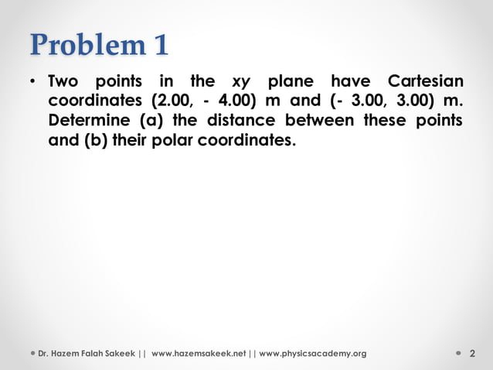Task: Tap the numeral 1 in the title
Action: tap(159, 45)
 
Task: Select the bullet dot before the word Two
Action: tap(34, 82)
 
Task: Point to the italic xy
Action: tap(240, 82)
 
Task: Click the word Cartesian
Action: tap(426, 82)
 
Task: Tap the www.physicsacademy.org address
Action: tap(313, 354)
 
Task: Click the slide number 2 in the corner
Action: tap(471, 354)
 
